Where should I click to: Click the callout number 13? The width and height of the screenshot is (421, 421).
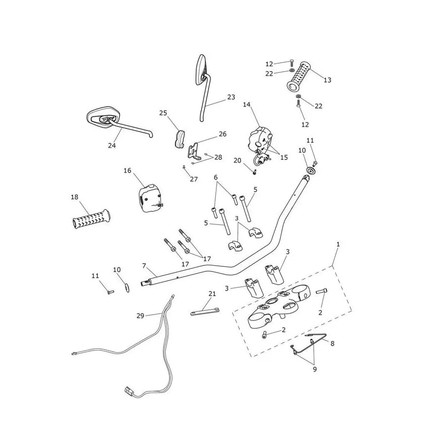(x=327, y=80)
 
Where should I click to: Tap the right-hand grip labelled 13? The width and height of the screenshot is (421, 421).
(x=298, y=76)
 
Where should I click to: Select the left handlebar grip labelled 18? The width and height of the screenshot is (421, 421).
(x=91, y=219)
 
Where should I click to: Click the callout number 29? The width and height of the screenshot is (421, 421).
(x=140, y=316)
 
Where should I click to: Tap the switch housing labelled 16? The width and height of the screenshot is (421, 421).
(x=151, y=198)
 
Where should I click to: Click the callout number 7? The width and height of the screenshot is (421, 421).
(x=144, y=266)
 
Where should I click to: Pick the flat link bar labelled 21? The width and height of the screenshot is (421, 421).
(x=205, y=312)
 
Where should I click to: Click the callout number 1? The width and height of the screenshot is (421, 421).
(x=338, y=244)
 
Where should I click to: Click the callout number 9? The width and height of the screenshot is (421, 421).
(x=315, y=369)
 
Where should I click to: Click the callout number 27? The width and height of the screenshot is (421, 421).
(x=194, y=179)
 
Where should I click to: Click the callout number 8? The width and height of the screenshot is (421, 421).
(x=333, y=344)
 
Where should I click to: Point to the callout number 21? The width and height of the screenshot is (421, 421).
(x=212, y=294)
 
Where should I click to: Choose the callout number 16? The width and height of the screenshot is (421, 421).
(x=127, y=171)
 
